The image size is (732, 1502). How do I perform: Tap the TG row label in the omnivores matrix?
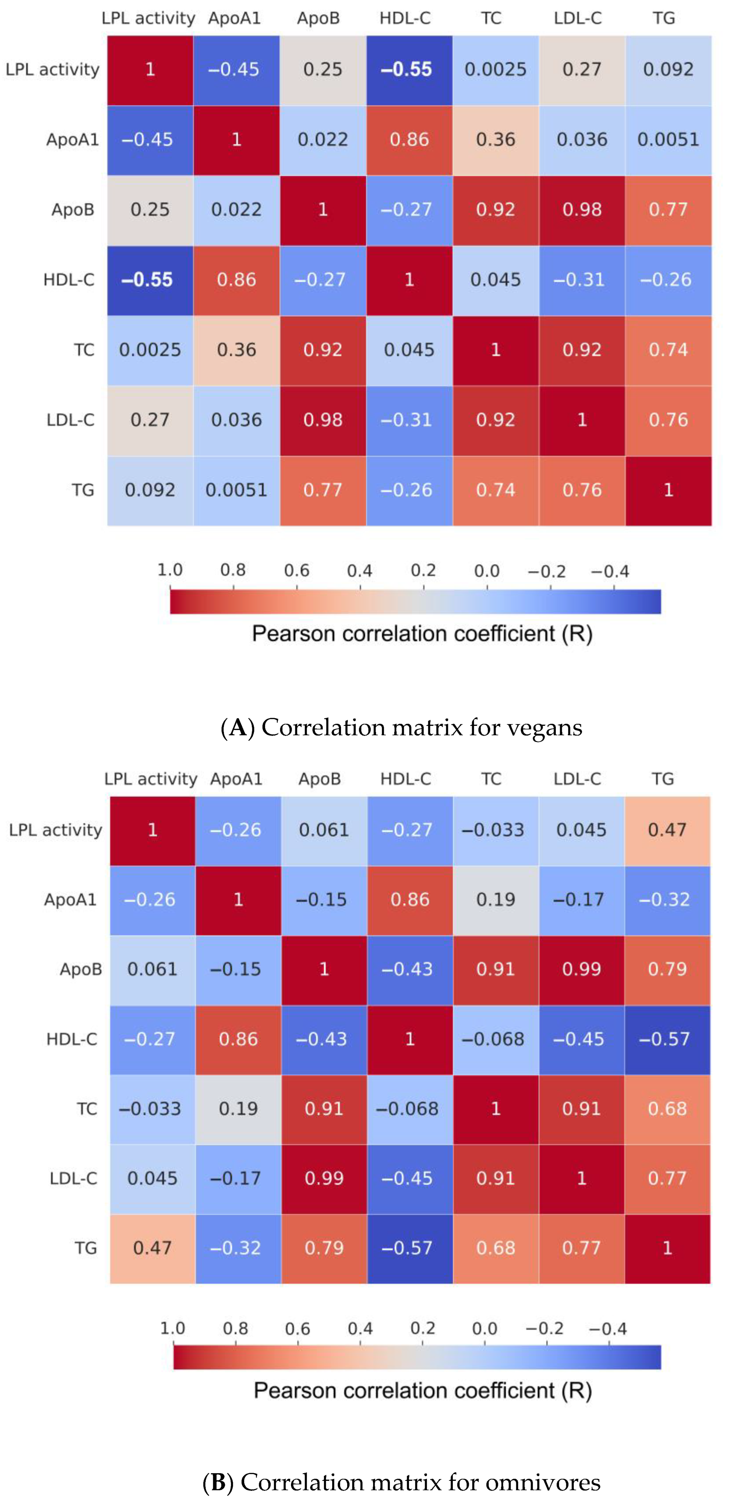(x=85, y=1248)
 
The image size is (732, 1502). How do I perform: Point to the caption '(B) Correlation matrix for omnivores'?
(x=401, y=1482)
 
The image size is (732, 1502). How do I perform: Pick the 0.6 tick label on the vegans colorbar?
(x=296, y=570)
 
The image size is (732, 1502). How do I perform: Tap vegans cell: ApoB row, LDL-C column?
(x=582, y=210)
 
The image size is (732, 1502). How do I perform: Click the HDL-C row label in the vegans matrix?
(x=69, y=280)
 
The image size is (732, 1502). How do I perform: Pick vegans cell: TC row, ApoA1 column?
(x=236, y=350)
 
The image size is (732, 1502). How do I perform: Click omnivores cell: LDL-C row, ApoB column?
(x=324, y=1178)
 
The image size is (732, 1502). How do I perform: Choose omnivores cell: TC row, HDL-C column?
(x=409, y=1109)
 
